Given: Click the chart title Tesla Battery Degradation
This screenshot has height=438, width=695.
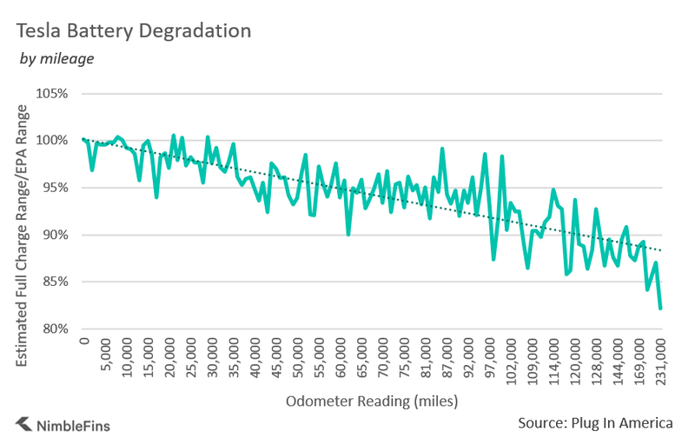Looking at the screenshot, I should point(135,30).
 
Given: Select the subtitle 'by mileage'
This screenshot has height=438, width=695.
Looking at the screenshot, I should point(56,59).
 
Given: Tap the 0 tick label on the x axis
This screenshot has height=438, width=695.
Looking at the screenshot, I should point(85,342).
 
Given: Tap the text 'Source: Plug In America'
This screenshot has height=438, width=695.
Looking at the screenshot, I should point(595,422).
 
